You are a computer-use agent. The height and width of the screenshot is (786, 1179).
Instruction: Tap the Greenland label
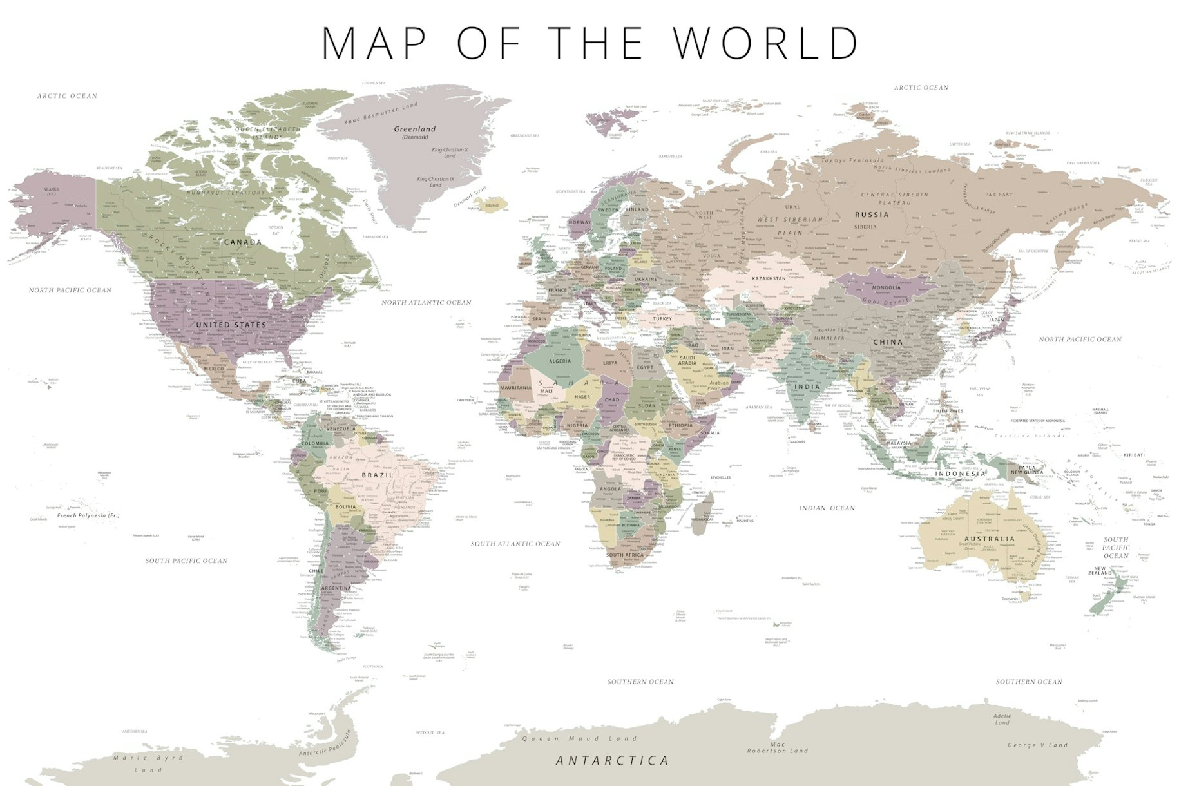pyautogui.click(x=414, y=129)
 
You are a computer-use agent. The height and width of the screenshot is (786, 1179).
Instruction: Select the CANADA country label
pyautogui.click(x=243, y=242)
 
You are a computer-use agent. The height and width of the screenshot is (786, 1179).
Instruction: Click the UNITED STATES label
pyautogui.click(x=231, y=325)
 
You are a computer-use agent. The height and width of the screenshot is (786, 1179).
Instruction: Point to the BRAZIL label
pyautogui.click(x=378, y=475)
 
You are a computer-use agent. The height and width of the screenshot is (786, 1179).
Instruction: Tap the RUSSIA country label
pyautogui.click(x=872, y=215)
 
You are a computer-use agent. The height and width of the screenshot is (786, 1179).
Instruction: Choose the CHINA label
pyautogui.click(x=888, y=342)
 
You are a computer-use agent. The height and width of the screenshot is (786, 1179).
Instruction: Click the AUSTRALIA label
pyautogui.click(x=990, y=539)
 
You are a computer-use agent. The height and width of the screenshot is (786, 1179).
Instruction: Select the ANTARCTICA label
pyautogui.click(x=612, y=761)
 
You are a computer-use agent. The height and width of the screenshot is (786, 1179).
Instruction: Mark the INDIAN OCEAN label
pyautogui.click(x=827, y=508)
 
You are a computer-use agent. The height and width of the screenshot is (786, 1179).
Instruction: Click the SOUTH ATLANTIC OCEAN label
pyautogui.click(x=515, y=544)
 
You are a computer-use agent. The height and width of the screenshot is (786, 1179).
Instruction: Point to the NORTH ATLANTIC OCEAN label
pyautogui.click(x=426, y=302)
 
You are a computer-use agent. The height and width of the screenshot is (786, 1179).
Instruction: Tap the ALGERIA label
pyautogui.click(x=559, y=361)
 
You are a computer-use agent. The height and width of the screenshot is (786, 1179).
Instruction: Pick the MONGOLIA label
pyautogui.click(x=887, y=287)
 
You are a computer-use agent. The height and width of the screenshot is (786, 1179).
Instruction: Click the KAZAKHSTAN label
pyautogui.click(x=769, y=279)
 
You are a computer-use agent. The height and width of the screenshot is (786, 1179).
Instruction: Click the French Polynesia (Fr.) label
pyautogui.click(x=88, y=515)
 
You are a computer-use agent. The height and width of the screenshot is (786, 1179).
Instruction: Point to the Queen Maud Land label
pyautogui.click(x=579, y=739)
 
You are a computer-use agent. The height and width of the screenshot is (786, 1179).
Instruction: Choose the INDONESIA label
pyautogui.click(x=961, y=474)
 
